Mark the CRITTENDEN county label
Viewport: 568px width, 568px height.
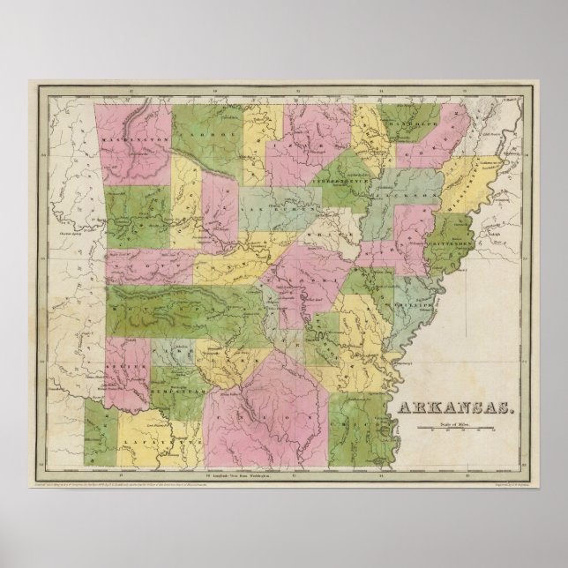452,242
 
